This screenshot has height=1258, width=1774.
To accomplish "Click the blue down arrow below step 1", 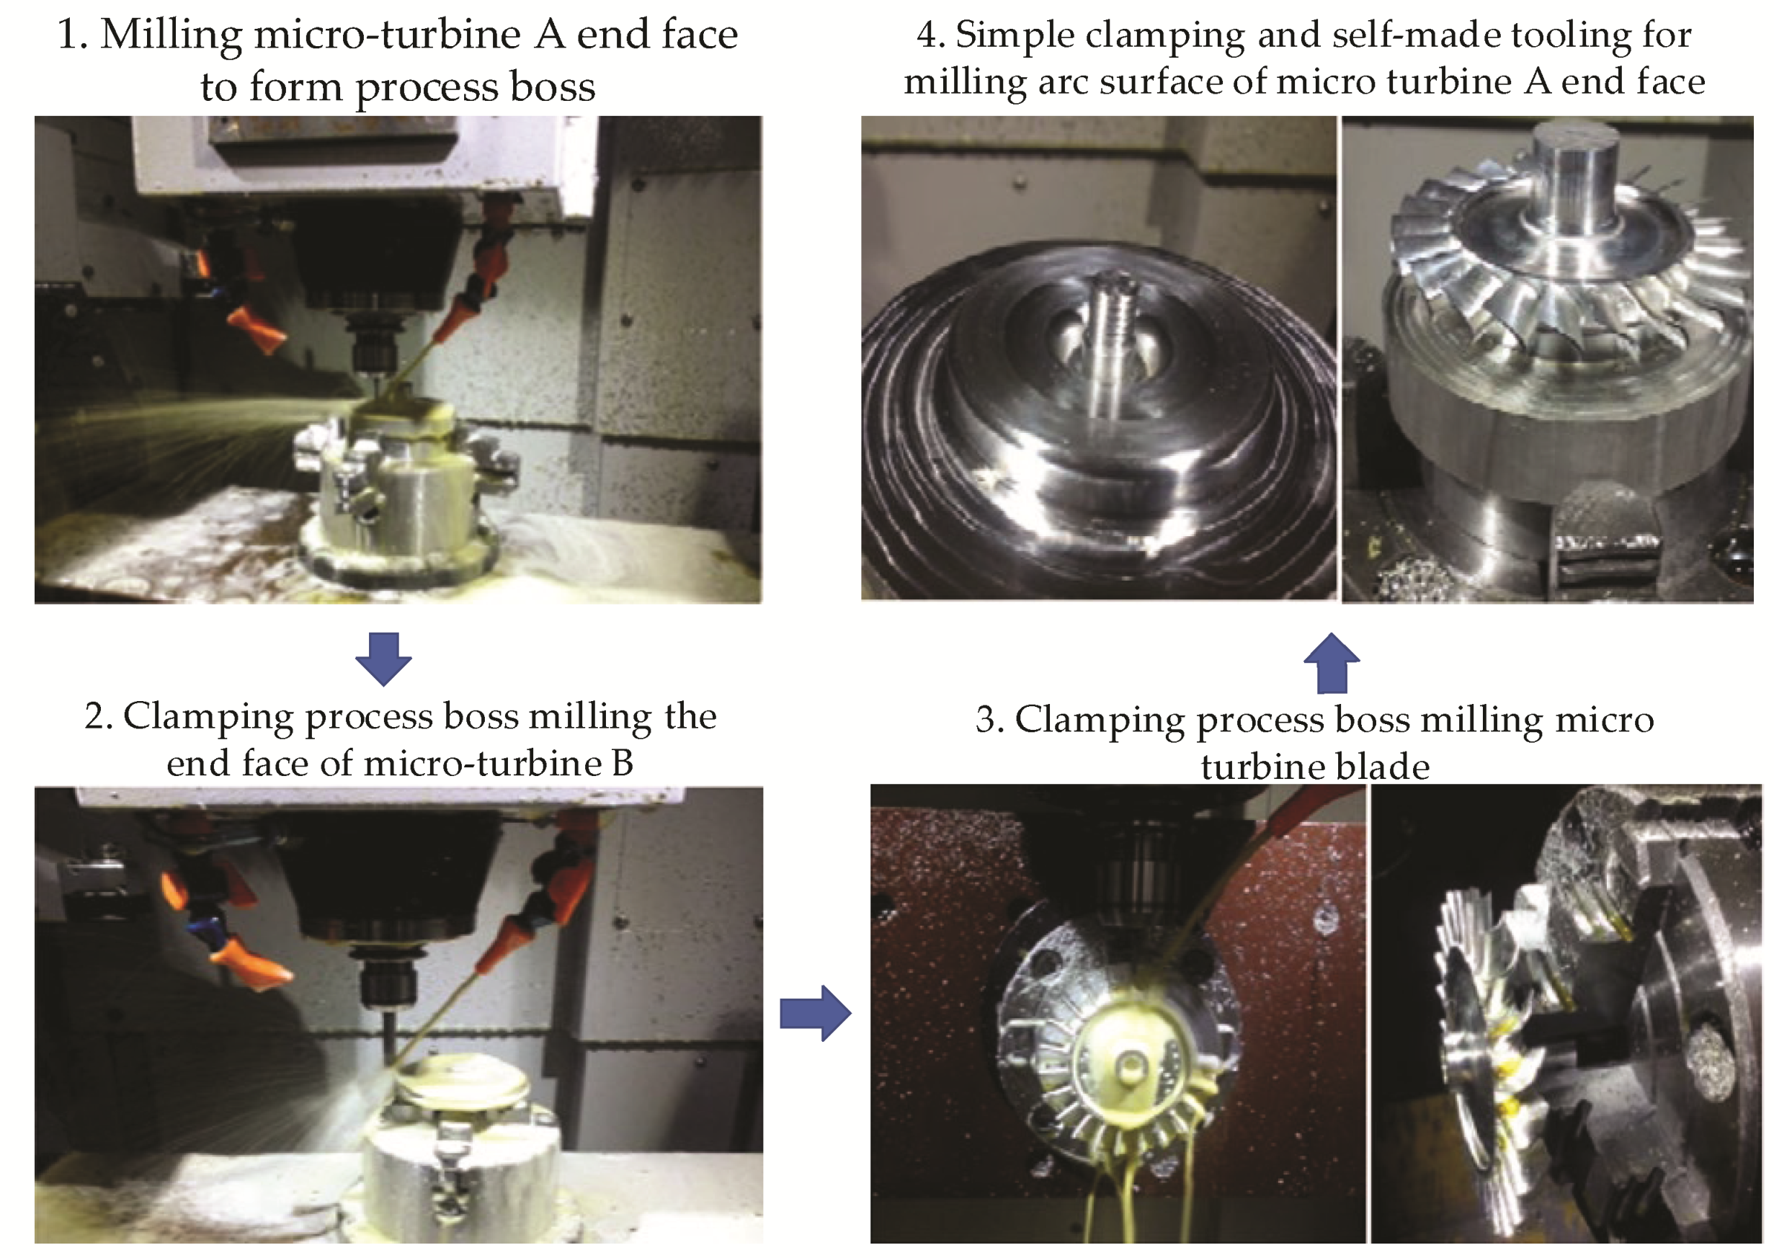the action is pyautogui.click(x=383, y=659).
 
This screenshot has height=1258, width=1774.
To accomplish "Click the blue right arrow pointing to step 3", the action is pyautogui.click(x=815, y=1012).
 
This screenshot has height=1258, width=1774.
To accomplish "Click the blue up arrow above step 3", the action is pyautogui.click(x=1332, y=663).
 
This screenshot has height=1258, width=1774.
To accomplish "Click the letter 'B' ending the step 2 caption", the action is pyautogui.click(x=622, y=763).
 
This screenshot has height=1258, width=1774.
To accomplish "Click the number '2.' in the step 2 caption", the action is pyautogui.click(x=99, y=716).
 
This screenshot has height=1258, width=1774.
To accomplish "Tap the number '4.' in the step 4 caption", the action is pyautogui.click(x=930, y=35).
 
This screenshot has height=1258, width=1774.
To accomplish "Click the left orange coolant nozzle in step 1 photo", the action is pyautogui.click(x=255, y=330).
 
